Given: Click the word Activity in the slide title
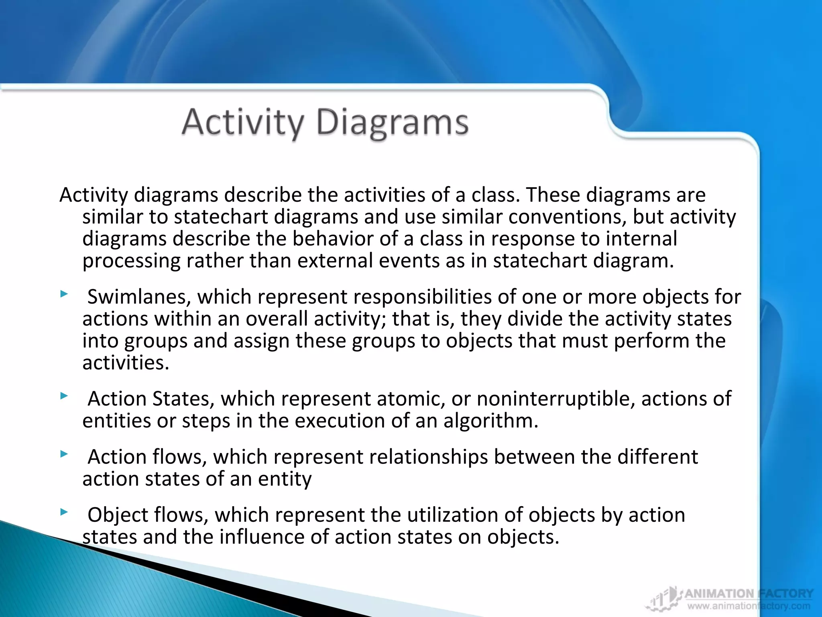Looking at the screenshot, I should (x=243, y=122).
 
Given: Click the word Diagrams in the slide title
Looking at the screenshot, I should (x=392, y=122).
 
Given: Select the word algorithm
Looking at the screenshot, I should (x=490, y=421).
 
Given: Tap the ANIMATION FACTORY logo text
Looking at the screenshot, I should (x=749, y=594).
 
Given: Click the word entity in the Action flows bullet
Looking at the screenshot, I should (x=285, y=479).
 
